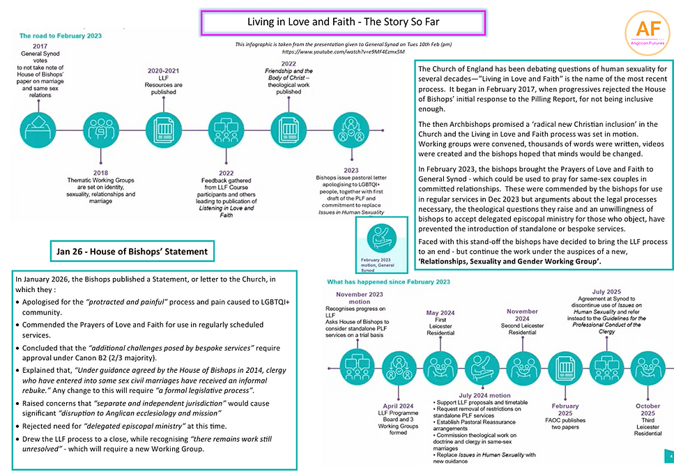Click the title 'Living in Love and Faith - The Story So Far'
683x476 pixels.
(343, 22)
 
